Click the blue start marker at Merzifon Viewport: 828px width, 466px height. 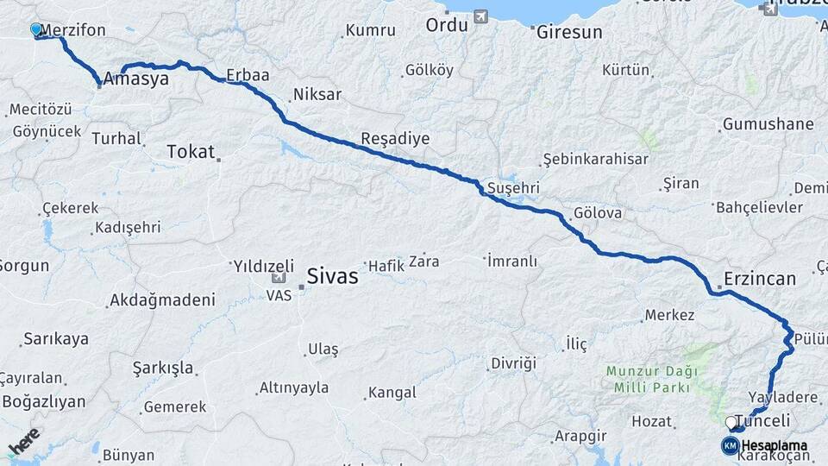tap(35, 30)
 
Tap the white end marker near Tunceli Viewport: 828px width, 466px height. tap(731, 423)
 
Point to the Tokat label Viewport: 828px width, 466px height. tap(190, 152)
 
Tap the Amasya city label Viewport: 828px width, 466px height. tap(135, 79)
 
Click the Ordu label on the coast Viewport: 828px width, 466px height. tap(446, 24)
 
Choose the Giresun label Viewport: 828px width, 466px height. tap(568, 33)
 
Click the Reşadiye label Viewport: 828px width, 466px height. tap(394, 138)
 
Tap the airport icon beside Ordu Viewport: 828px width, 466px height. tap(480, 16)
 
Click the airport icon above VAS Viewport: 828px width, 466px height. tap(279, 278)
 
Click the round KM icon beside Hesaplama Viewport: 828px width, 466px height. tap(730, 445)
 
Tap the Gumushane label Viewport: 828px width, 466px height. tap(768, 123)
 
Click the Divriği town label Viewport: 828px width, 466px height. tap(513, 362)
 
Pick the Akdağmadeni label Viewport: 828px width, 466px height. tap(161, 300)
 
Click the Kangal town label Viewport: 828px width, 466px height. tap(392, 393)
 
